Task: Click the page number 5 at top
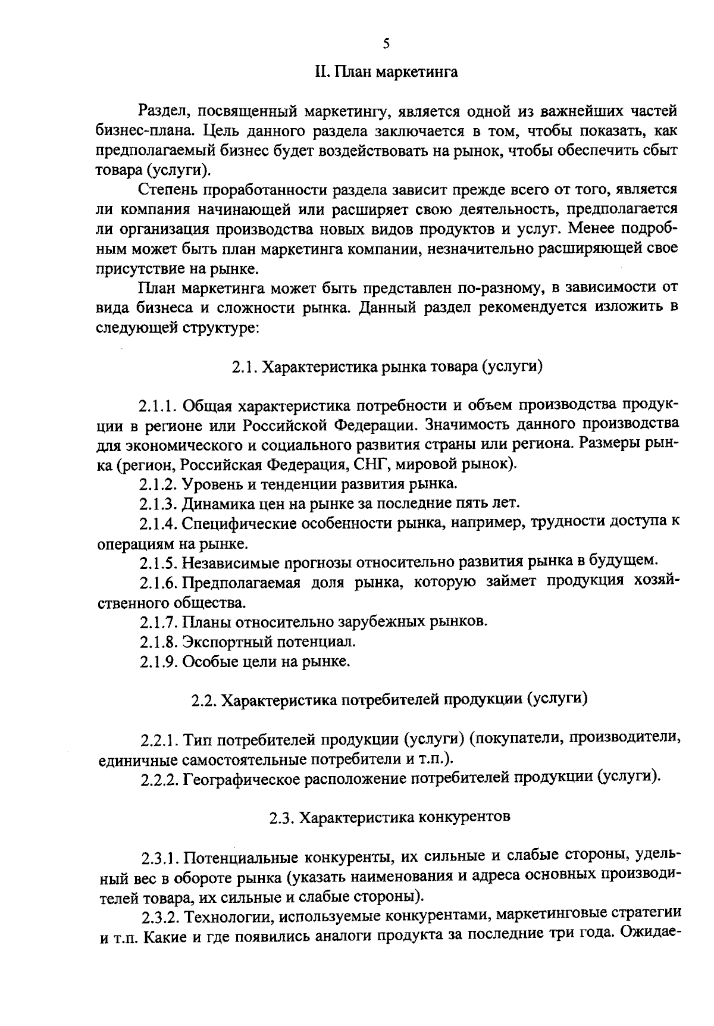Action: pos(386,43)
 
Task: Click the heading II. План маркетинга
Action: pos(386,73)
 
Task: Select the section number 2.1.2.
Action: pos(158,484)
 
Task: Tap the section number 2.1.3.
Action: pos(158,503)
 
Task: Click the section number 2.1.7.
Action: pos(158,623)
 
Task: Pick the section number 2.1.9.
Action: pos(158,662)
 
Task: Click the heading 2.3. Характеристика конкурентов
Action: pos(390,817)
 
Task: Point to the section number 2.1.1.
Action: pos(158,406)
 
